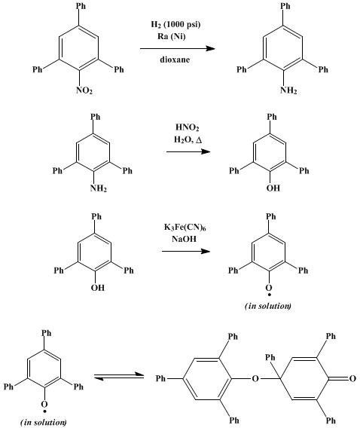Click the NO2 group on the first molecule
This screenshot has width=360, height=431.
(84, 90)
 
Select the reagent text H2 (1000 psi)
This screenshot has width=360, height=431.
(176, 24)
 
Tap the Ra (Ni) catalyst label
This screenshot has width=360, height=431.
(172, 36)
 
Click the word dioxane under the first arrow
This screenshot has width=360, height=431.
(175, 60)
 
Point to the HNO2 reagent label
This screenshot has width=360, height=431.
(188, 127)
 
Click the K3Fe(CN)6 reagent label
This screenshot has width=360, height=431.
(185, 228)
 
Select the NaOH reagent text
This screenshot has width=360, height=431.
(184, 239)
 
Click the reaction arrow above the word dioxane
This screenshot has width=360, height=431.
(178, 49)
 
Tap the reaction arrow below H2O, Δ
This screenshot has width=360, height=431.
(188, 151)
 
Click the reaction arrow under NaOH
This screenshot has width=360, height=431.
(186, 251)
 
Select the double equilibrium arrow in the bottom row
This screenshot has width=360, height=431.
(119, 376)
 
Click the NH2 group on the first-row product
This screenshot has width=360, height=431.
(288, 90)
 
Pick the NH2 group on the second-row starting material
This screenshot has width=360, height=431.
(99, 188)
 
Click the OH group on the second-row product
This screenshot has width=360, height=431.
(273, 188)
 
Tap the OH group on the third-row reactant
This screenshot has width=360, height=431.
(98, 288)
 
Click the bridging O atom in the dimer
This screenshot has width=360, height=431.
(255, 379)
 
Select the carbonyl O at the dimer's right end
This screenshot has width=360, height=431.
(352, 379)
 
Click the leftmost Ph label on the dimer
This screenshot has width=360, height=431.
(160, 378)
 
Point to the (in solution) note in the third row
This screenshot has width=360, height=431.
(268, 306)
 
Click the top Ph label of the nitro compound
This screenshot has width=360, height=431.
(81, 6)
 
